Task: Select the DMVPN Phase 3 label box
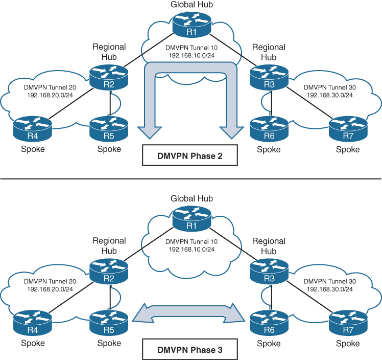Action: coord(189,351)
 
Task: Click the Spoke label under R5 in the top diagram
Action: coord(109,149)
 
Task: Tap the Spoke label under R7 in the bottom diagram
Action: coord(348,343)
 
